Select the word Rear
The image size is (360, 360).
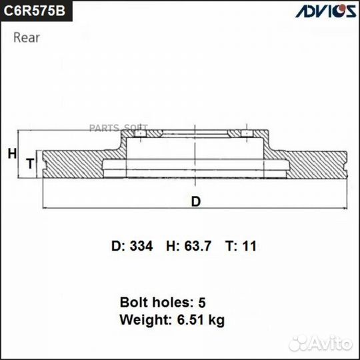27,37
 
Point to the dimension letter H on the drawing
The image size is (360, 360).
11,154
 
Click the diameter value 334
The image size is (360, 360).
141,246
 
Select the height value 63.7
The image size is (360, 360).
198,246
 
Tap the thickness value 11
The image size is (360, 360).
249,246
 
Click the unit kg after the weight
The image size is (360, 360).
215,321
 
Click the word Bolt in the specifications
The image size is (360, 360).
132,301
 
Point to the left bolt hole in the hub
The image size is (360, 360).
141,135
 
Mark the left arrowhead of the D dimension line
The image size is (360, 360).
45,206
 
